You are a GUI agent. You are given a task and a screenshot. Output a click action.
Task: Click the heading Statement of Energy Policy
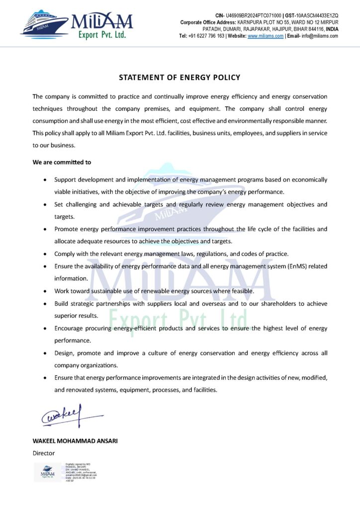click(180, 78)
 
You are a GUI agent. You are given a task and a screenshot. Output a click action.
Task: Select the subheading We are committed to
click(62, 162)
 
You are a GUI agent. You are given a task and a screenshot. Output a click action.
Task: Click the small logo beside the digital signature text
click(48, 472)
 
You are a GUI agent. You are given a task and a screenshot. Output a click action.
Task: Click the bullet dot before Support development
click(46, 179)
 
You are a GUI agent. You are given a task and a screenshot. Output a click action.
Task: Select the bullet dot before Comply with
click(46, 254)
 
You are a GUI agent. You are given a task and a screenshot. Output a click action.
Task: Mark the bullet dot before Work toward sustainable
click(46, 291)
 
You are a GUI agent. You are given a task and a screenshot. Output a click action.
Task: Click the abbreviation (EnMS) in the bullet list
click(298, 266)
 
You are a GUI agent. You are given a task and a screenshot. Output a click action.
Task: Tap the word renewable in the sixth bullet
click(173, 291)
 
